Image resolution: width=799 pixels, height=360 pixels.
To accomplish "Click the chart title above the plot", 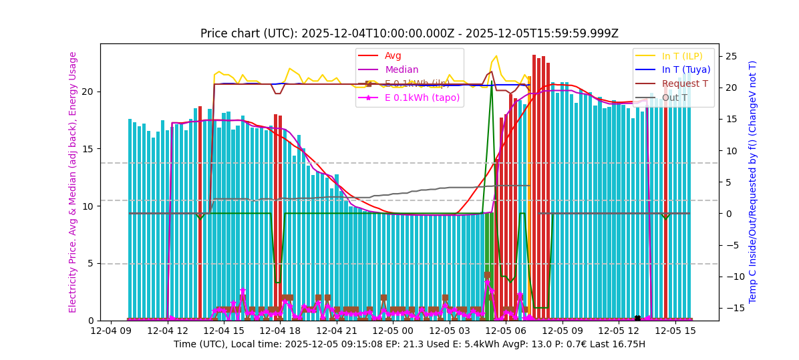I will [409, 33].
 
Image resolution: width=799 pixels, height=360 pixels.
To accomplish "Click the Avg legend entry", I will [393, 55].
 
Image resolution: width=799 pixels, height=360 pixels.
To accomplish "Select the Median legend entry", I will [401, 69].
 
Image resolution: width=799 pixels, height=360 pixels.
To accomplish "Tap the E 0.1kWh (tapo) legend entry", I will [422, 98].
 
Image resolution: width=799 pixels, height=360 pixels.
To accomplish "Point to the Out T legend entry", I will [674, 98].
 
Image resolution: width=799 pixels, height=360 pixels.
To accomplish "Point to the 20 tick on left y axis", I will [87, 92].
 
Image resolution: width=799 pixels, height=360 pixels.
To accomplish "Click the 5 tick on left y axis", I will [90, 264].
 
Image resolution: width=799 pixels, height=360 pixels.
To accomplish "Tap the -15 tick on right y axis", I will [734, 308].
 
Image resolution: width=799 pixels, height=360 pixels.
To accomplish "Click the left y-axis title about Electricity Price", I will [73, 182].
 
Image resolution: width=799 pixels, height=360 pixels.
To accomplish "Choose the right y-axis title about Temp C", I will [753, 182].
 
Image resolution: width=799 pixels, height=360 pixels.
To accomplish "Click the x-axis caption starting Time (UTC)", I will [409, 344].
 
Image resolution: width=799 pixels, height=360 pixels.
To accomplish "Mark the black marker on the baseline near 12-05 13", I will [637, 319].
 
